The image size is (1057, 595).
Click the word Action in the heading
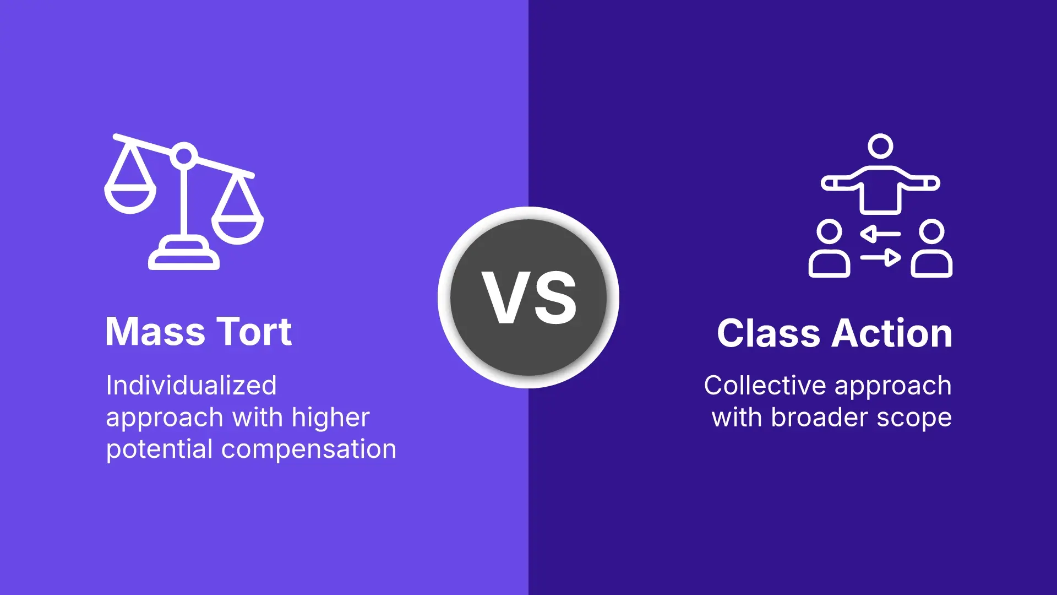point(892,333)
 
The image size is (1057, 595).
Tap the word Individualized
point(191,385)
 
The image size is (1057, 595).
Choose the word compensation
point(309,449)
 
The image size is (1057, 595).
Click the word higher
point(330,418)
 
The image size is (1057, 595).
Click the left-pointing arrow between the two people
point(880,234)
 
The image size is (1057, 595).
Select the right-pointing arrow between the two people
point(881,257)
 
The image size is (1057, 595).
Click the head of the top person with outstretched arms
point(880,147)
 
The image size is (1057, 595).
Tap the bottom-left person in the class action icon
point(829,249)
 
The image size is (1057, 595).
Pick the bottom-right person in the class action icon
point(931,249)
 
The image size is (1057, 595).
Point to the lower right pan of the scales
point(238,229)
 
